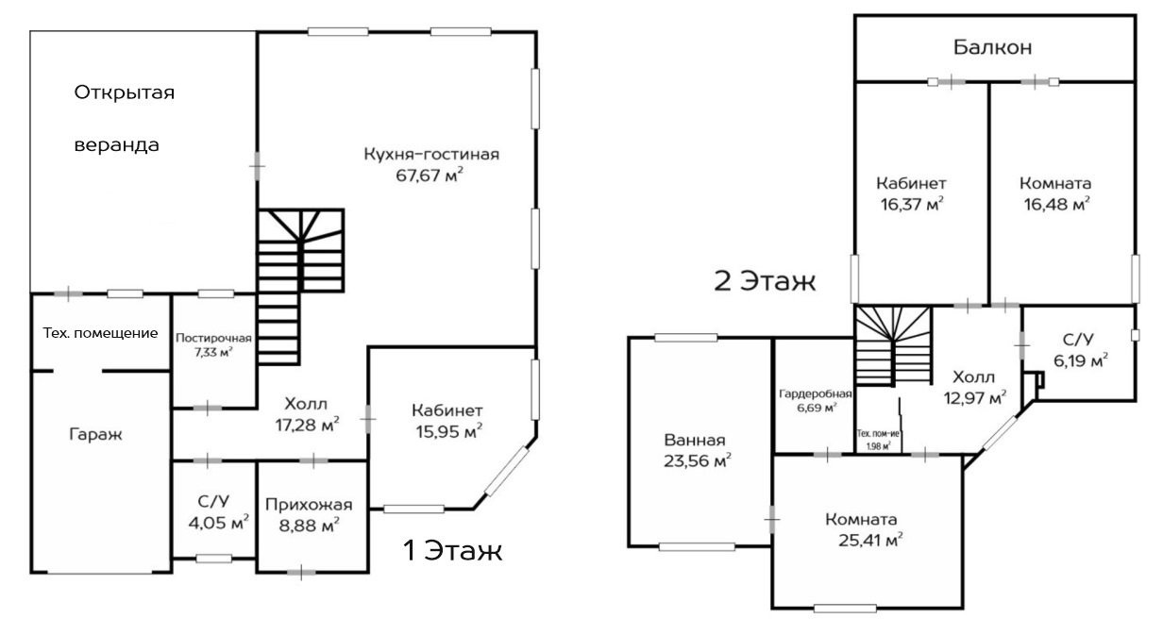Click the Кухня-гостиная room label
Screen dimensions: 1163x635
pyautogui.click(x=431, y=154)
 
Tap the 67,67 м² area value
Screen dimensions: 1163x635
pyautogui.click(x=430, y=175)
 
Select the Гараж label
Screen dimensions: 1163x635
pyautogui.click(x=95, y=434)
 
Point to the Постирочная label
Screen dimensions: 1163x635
pyautogui.click(x=213, y=338)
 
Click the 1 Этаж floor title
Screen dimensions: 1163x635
pyautogui.click(x=453, y=550)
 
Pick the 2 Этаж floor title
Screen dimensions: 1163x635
pyautogui.click(x=765, y=281)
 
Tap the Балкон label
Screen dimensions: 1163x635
pyautogui.click(x=993, y=48)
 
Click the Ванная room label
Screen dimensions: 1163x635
pyautogui.click(x=695, y=440)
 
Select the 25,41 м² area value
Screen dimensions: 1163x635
pyautogui.click(x=870, y=540)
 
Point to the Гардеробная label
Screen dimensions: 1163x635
pyautogui.click(x=816, y=393)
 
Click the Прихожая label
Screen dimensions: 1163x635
pyautogui.click(x=309, y=504)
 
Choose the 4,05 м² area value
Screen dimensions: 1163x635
pyautogui.click(x=219, y=523)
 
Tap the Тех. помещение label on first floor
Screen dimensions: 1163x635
pyautogui.click(x=100, y=333)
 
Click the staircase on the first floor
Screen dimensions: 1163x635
pyautogui.click(x=300, y=287)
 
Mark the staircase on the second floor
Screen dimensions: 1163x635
pyautogui.click(x=894, y=346)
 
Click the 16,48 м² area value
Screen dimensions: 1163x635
pyautogui.click(x=1056, y=204)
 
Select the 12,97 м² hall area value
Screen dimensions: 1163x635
pyautogui.click(x=975, y=398)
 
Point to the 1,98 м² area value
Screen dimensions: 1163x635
pyautogui.click(x=878, y=446)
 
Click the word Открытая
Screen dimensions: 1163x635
pyautogui.click(x=124, y=92)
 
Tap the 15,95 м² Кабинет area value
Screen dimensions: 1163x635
pyautogui.click(x=448, y=431)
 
